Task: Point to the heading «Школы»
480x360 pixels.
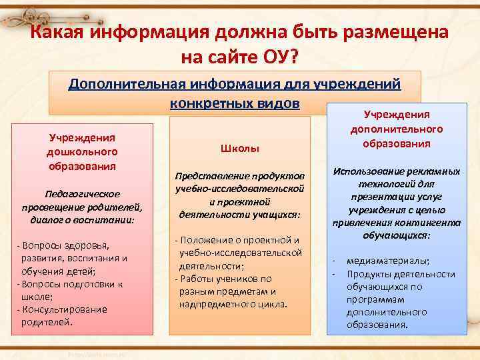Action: pos(239,147)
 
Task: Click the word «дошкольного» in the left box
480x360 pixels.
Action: pos(83,151)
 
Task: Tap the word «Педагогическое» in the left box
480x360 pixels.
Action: pos(83,193)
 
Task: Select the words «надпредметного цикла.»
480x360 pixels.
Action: pos(233,305)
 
